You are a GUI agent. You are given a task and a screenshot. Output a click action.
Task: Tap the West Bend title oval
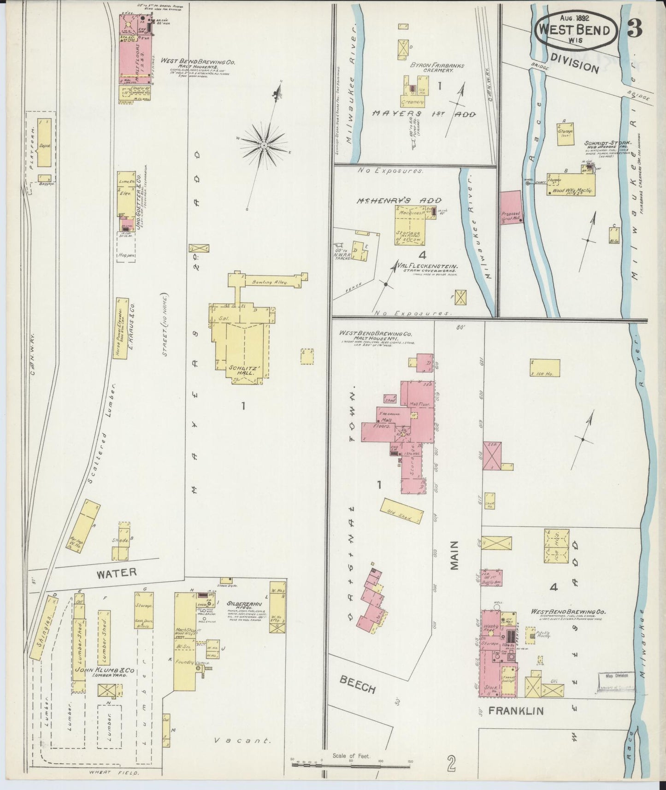click(x=576, y=29)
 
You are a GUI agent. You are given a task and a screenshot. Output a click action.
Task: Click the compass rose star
click(x=264, y=145)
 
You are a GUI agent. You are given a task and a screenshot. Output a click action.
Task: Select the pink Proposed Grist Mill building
click(x=511, y=208)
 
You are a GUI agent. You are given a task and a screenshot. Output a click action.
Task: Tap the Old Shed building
click(x=401, y=511)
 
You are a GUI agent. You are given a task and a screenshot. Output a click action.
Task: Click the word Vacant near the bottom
click(x=242, y=741)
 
